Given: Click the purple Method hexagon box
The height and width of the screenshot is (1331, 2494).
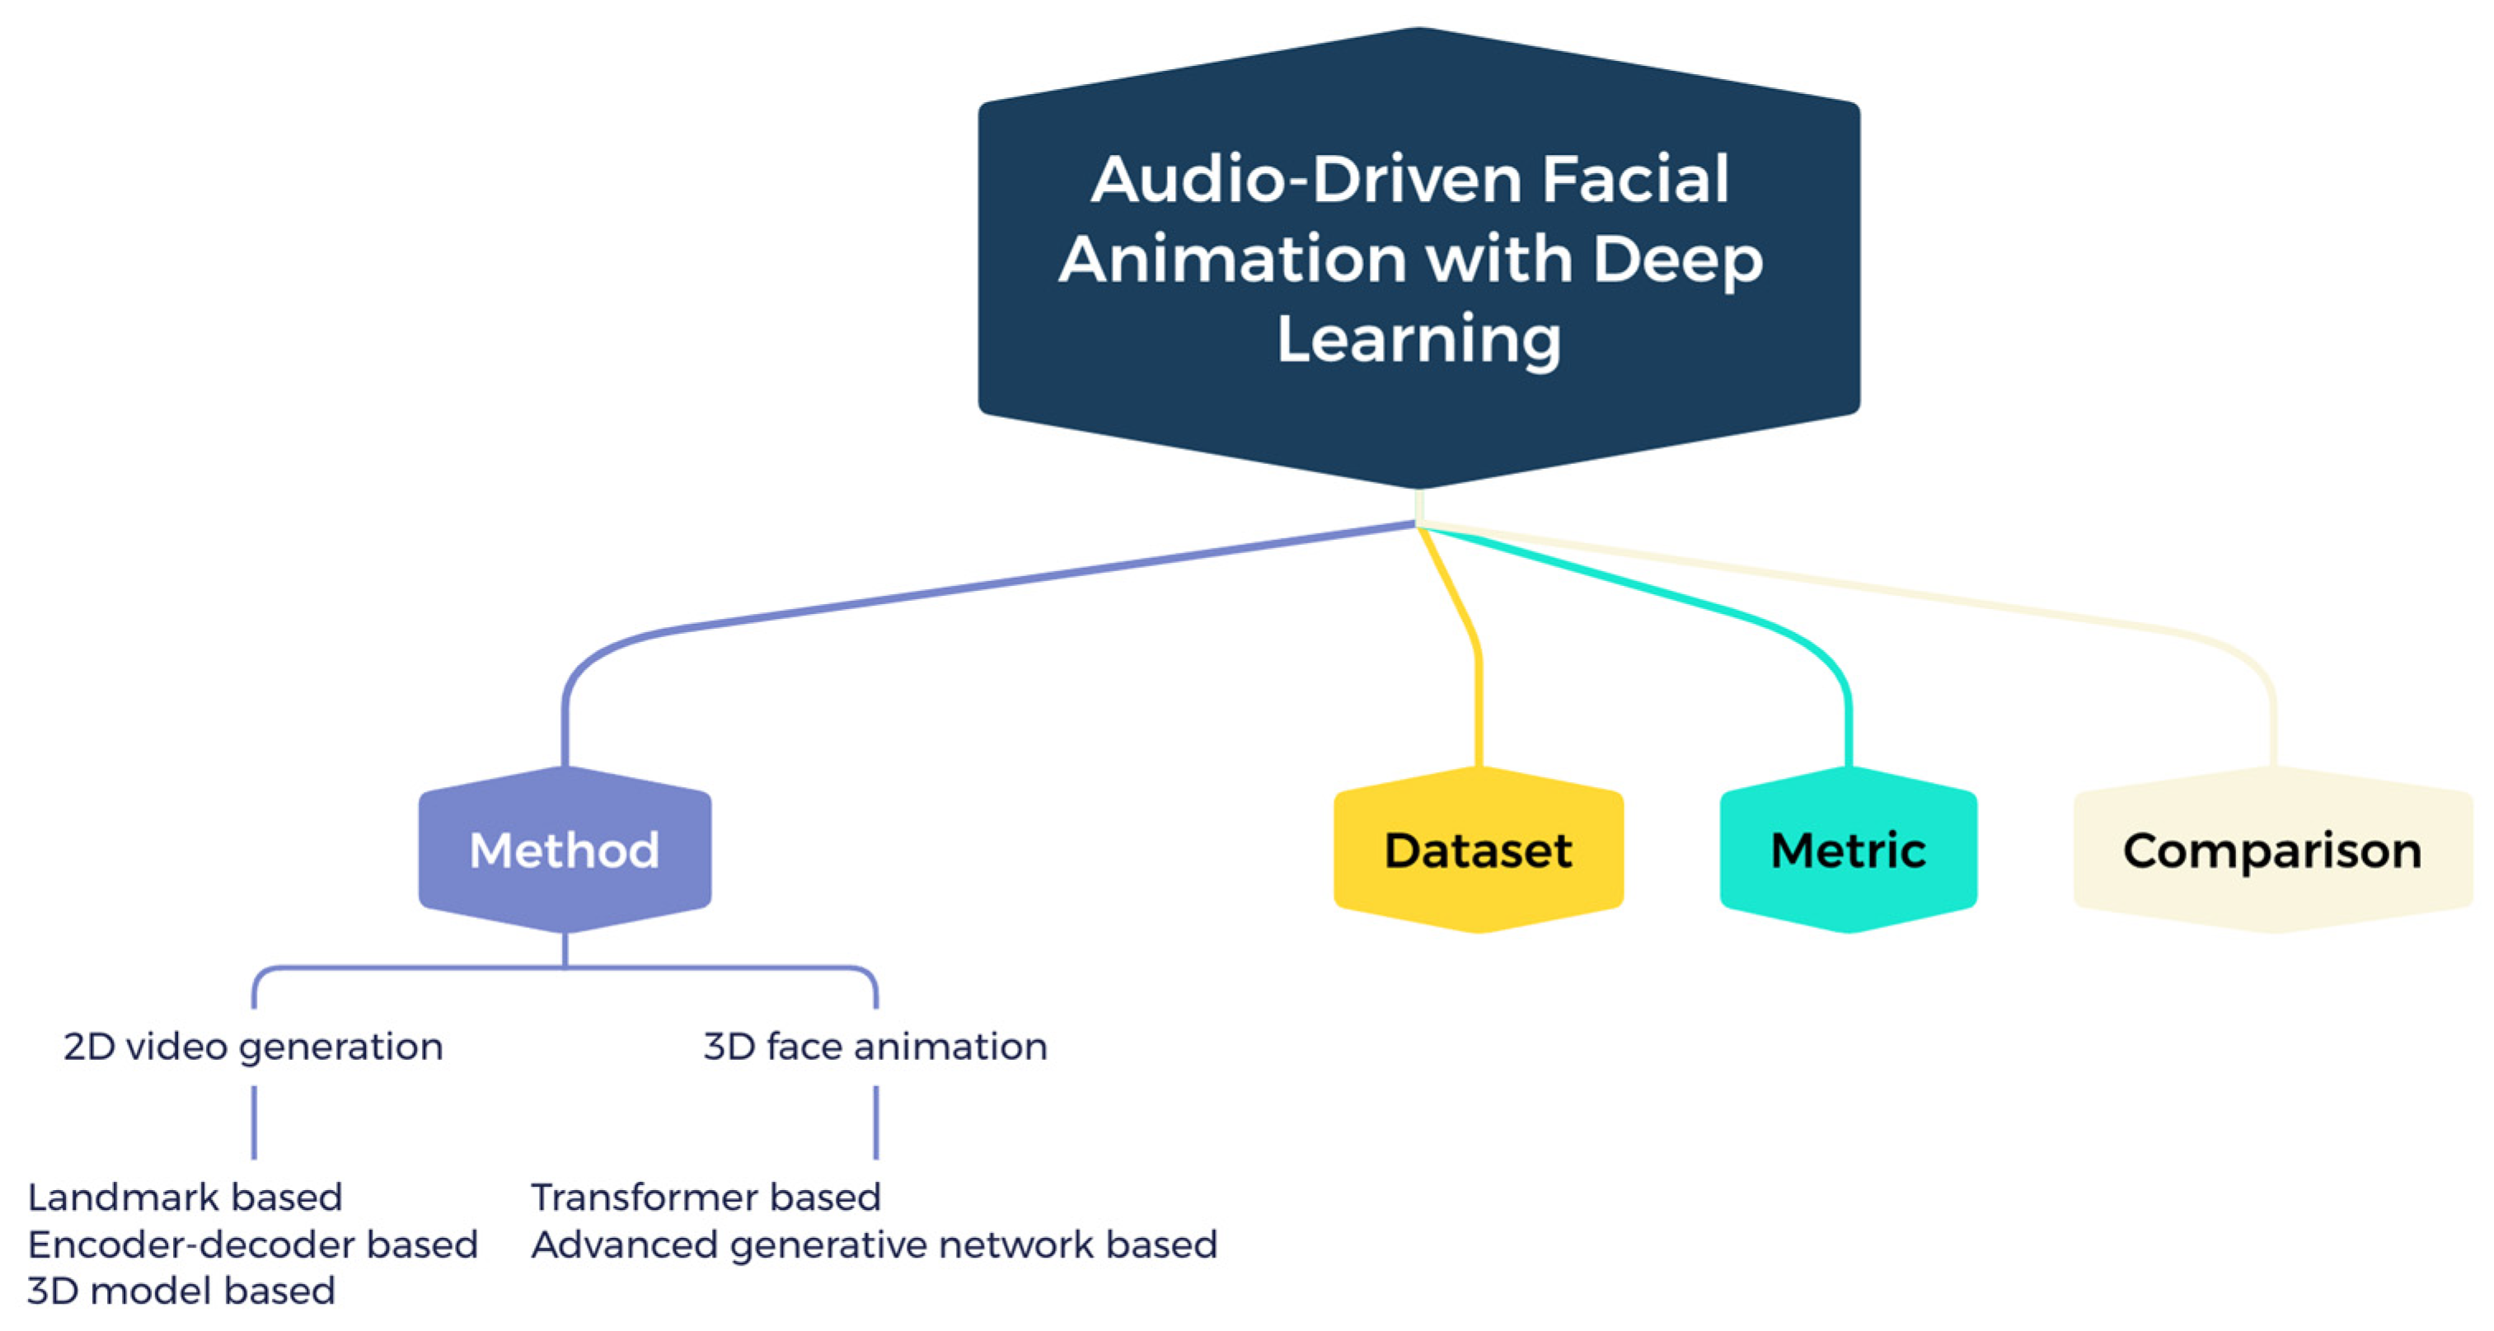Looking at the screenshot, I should (x=565, y=850).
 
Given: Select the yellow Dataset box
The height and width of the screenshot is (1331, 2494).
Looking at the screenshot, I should (x=1478, y=850).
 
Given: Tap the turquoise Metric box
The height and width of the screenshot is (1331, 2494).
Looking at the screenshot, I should (x=1847, y=850).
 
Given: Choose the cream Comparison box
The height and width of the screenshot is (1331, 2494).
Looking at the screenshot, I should (x=2271, y=850).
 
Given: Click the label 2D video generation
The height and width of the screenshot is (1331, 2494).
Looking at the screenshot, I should (x=253, y=1047).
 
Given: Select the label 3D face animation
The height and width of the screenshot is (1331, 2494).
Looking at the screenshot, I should (x=875, y=1047).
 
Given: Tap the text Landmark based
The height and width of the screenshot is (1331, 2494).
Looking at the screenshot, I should (x=185, y=1197).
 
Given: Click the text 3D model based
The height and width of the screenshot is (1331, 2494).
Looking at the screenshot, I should (x=181, y=1291).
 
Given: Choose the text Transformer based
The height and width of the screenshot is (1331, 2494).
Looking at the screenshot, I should (x=706, y=1197).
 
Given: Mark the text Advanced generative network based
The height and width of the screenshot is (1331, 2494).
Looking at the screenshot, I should (x=874, y=1244).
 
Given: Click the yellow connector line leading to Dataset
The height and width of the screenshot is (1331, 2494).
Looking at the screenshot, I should (x=1479, y=697).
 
